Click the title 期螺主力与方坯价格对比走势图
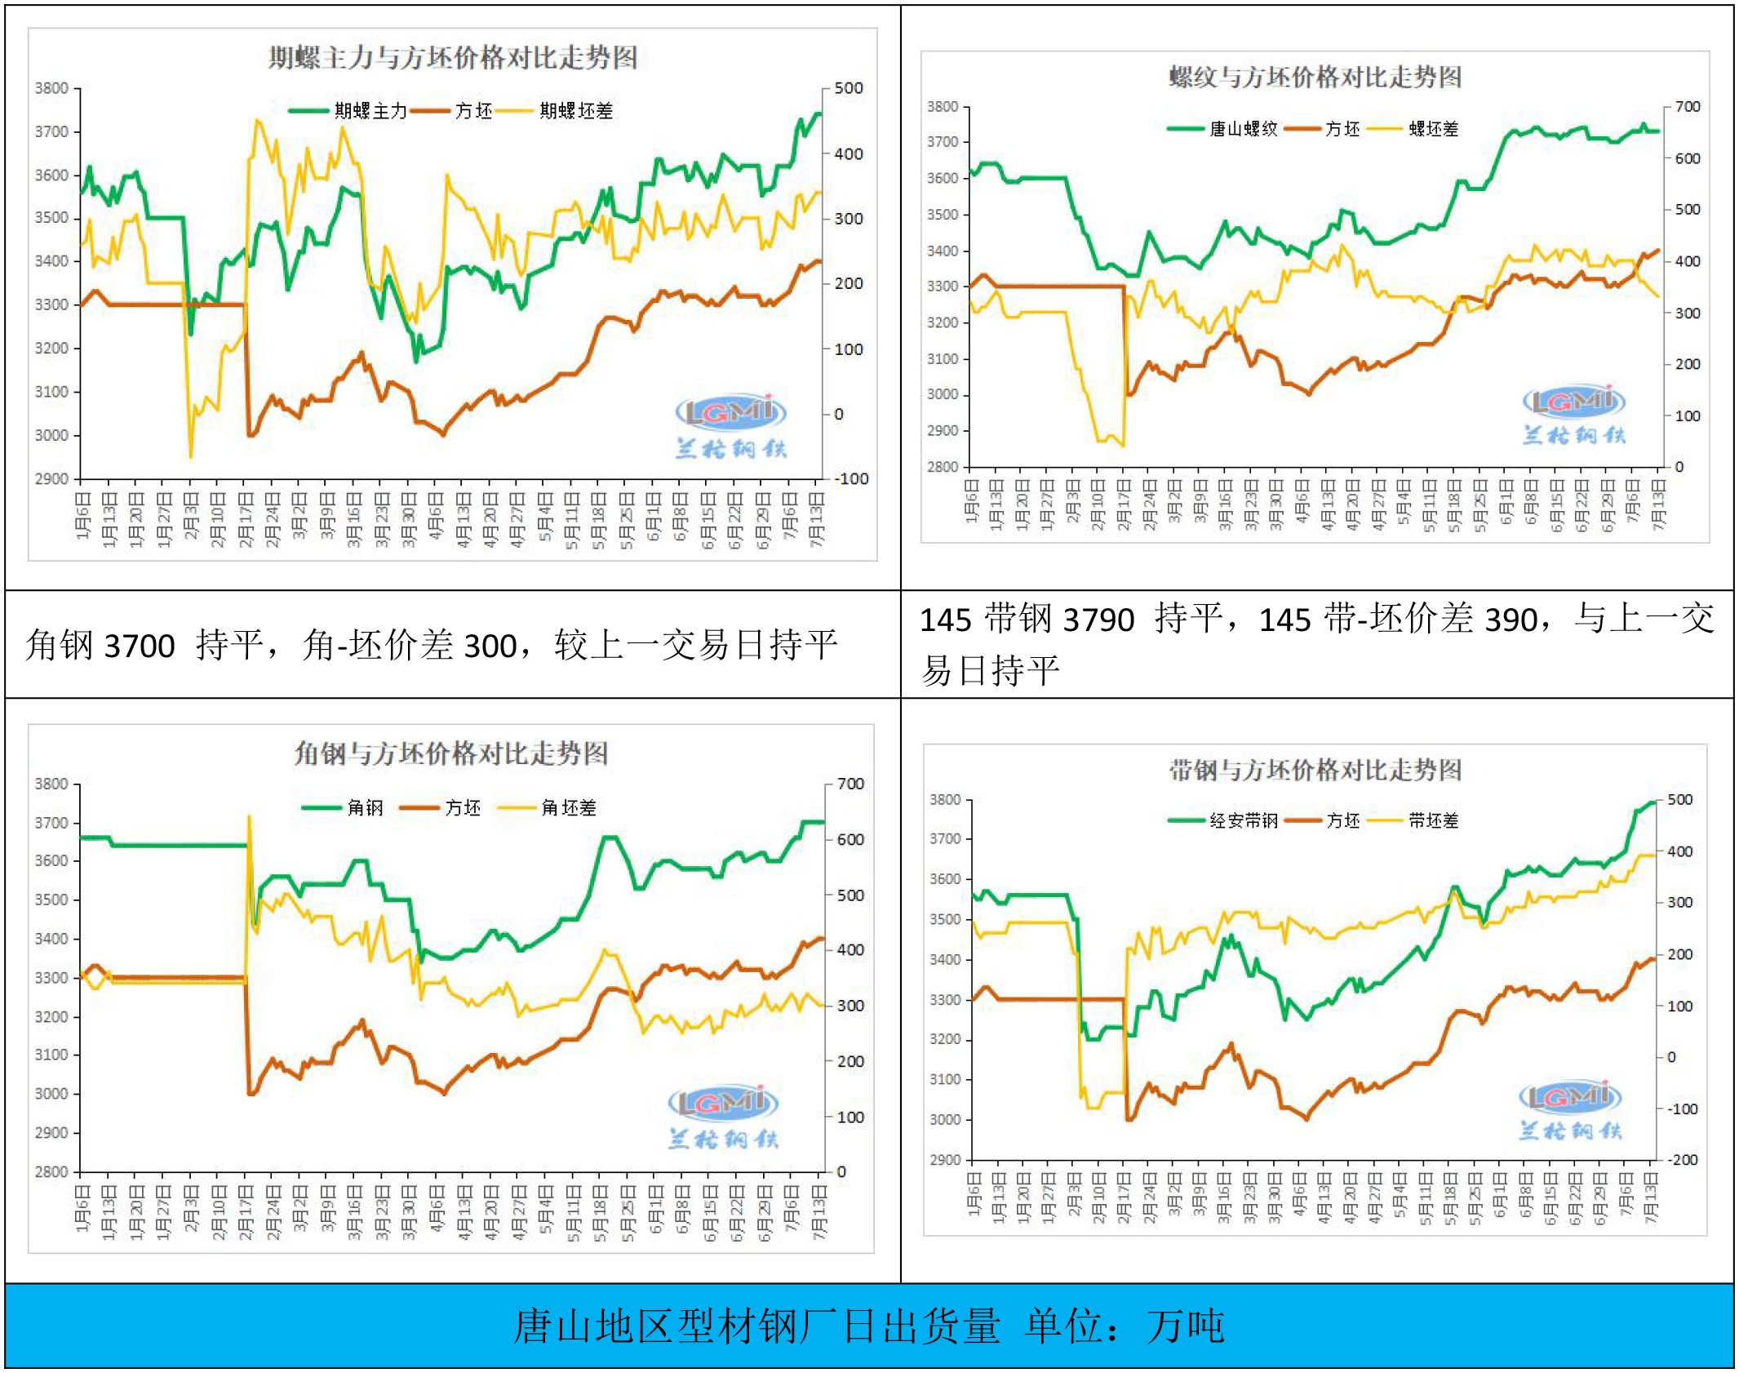click(x=453, y=57)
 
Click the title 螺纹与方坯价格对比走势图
click(x=1315, y=77)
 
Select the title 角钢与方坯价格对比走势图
click(x=451, y=753)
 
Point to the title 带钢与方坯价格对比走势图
click(x=1315, y=769)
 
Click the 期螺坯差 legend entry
click(x=574, y=111)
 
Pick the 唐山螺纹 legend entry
click(x=1242, y=129)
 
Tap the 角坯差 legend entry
click(x=568, y=808)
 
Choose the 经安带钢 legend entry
click(x=1243, y=820)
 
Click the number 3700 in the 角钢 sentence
click(x=140, y=647)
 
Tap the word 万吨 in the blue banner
click(x=1185, y=1326)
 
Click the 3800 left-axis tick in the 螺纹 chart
click(x=943, y=107)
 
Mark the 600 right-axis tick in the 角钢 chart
click(x=850, y=839)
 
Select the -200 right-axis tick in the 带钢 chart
click(x=1681, y=1160)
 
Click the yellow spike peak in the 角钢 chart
click(x=249, y=815)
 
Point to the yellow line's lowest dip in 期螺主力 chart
click(x=191, y=457)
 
